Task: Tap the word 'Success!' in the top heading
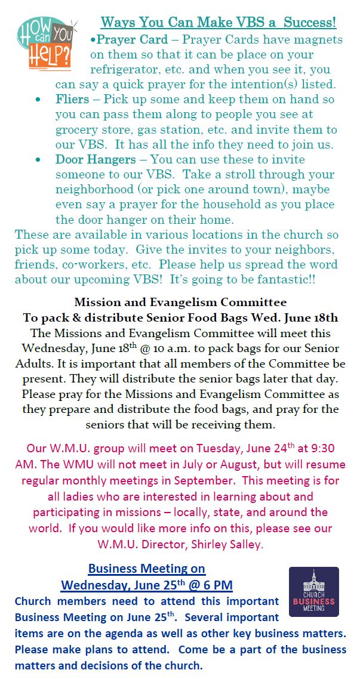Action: tap(310, 23)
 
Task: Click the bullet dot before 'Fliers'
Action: tap(39, 99)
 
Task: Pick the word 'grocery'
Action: tap(78, 129)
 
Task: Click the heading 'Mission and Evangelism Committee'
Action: tap(180, 303)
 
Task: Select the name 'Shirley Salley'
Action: tap(230, 543)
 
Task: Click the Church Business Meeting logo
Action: tap(313, 592)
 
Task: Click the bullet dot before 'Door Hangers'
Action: tap(39, 159)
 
